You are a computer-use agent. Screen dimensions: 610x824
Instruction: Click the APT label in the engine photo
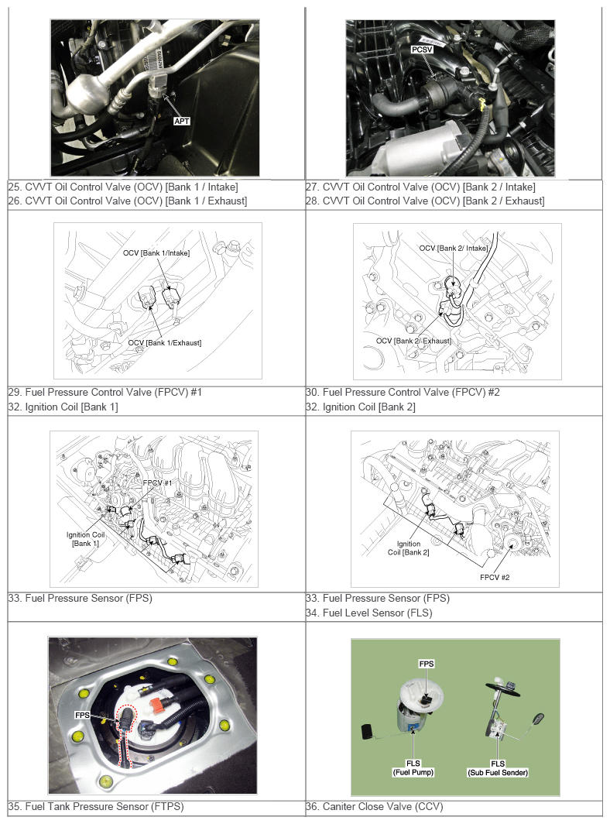coord(181,122)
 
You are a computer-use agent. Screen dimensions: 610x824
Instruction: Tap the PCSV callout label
coord(422,50)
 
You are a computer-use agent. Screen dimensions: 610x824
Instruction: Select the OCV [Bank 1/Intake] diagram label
coord(156,252)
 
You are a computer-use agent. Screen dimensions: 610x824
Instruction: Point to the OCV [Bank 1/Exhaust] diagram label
coord(164,342)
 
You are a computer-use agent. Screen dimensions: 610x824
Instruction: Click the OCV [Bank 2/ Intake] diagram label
coord(454,248)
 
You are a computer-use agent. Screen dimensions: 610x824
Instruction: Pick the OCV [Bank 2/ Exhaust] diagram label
coord(413,341)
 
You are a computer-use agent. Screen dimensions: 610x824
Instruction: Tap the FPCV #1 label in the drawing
coord(157,482)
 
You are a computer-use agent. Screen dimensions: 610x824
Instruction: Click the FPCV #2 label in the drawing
coord(495,577)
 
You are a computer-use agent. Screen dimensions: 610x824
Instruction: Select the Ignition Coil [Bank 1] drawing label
coord(85,539)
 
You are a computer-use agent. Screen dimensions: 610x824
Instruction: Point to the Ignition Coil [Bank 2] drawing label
coord(408,548)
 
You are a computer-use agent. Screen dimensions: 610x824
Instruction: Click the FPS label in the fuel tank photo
coord(82,715)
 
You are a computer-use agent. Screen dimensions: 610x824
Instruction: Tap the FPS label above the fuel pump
coord(426,664)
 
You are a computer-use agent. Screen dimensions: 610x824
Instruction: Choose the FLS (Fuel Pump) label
coord(413,767)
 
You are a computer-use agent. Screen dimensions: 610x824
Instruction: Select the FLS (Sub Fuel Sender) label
coord(498,767)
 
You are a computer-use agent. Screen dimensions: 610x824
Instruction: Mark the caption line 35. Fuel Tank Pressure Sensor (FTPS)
coord(96,806)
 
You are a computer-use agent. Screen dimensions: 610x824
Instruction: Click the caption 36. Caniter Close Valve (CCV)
coord(374,806)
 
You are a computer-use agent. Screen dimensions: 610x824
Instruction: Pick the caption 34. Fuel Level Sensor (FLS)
coord(368,613)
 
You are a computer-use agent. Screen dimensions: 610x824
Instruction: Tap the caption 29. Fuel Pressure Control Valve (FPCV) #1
coord(105,392)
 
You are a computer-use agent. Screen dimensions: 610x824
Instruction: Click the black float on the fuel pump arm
coord(367,731)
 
